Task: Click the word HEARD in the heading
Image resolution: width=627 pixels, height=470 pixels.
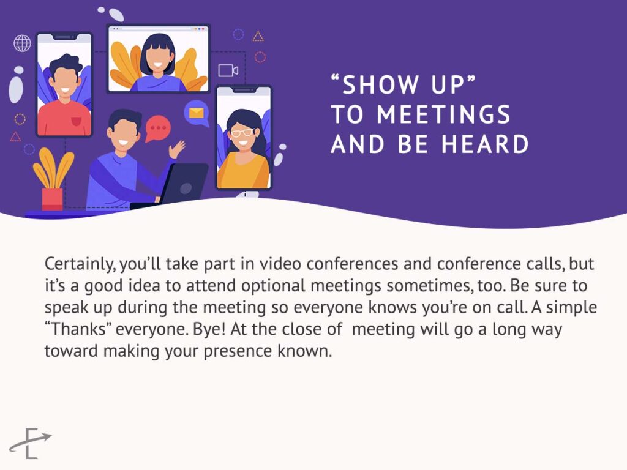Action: (x=485, y=144)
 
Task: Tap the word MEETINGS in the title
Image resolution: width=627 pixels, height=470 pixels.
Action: (x=443, y=114)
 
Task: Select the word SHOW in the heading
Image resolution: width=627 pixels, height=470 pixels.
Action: (x=380, y=84)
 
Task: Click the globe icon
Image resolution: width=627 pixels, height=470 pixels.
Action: (x=23, y=43)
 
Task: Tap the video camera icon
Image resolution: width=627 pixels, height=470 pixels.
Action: (x=228, y=70)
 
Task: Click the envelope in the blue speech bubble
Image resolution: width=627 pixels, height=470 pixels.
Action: (x=196, y=113)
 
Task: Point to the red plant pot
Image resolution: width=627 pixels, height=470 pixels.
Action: (x=53, y=199)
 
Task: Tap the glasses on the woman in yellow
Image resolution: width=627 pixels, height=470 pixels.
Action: (x=242, y=132)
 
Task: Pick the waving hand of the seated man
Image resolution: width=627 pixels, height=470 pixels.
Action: (x=176, y=149)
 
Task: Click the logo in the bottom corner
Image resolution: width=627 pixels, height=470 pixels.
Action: (x=31, y=443)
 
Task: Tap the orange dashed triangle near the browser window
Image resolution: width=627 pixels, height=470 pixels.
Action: (x=258, y=37)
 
